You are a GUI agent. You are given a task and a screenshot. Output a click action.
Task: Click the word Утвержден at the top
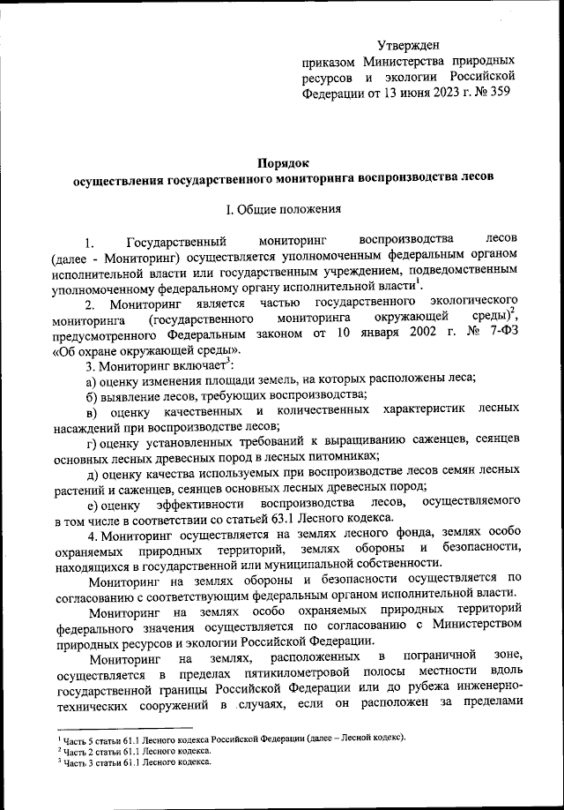coord(407,44)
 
